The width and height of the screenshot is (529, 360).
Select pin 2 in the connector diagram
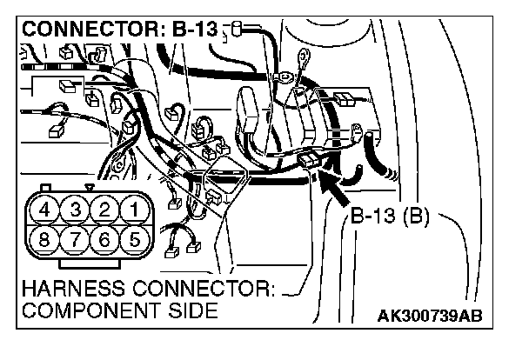105,210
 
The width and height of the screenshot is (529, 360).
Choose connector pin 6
105,238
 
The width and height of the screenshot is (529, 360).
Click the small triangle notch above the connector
90,186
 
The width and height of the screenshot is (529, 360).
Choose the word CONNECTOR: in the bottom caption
205,288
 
